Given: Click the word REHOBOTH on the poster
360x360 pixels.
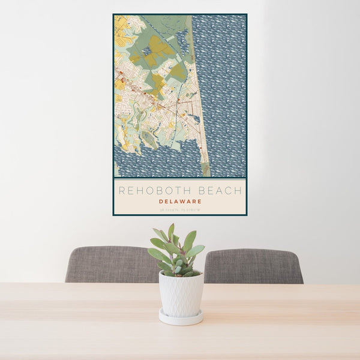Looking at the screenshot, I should click(154, 191).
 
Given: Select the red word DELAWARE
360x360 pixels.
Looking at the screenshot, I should click(179, 202).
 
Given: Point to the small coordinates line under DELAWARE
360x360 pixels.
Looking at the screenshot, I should click(179, 211).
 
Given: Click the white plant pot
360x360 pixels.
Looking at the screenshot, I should click(181, 294).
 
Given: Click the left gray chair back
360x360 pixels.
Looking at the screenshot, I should click(108, 265).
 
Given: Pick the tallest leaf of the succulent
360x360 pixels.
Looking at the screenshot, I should click(171, 230).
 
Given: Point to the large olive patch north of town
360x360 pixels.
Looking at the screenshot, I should click(157, 48).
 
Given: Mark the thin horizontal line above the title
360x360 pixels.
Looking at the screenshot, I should click(179, 179).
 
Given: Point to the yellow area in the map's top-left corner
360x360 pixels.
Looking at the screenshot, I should click(120, 24).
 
